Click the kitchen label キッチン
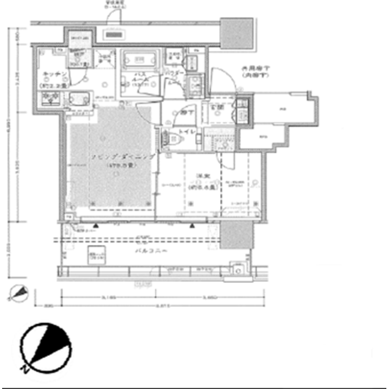pos(48,75)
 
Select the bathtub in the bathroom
pos(139,59)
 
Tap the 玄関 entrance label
pos(218,108)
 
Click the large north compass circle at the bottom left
pos(45,346)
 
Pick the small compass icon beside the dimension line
pos(19,294)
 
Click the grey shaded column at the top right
pos(236,33)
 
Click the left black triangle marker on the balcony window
pos(95,225)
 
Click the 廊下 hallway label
pos(184,112)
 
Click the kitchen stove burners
pos(49,99)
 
